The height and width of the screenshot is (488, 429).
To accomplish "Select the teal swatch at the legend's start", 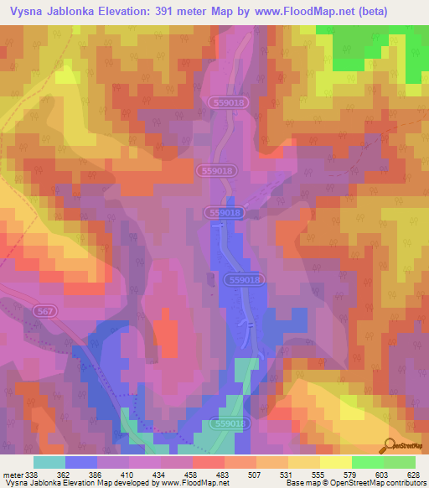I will [x=49, y=462].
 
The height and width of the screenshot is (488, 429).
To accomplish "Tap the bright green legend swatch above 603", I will [x=367, y=462].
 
